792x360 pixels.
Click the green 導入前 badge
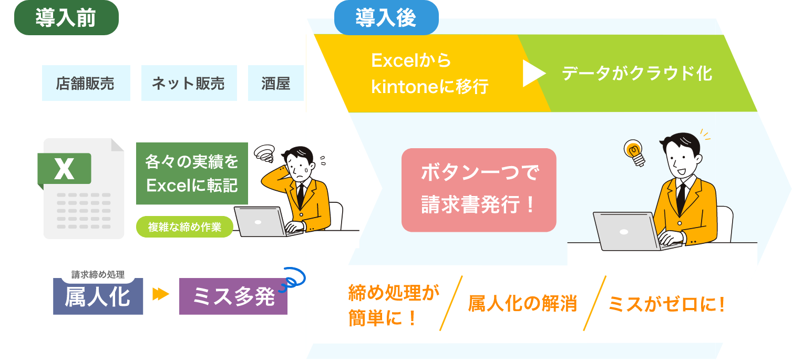click(x=66, y=18)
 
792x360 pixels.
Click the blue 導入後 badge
click(x=386, y=18)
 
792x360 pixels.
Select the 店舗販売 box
click(x=86, y=83)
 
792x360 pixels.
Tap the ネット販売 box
click(x=189, y=83)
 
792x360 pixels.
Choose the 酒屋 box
click(x=276, y=83)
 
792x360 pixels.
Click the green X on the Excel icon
click(x=65, y=168)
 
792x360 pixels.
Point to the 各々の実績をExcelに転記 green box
click(x=192, y=173)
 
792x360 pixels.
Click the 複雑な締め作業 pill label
click(x=184, y=227)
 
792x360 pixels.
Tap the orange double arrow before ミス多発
click(x=160, y=295)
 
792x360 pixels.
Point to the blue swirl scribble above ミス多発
click(x=292, y=279)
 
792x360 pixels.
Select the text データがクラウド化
click(x=637, y=73)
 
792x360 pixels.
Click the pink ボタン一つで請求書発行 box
click(x=478, y=190)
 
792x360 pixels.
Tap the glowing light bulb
click(x=634, y=152)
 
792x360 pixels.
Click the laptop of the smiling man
click(x=625, y=231)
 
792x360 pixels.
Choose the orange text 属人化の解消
click(x=522, y=303)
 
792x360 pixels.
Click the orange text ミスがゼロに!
click(x=666, y=303)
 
